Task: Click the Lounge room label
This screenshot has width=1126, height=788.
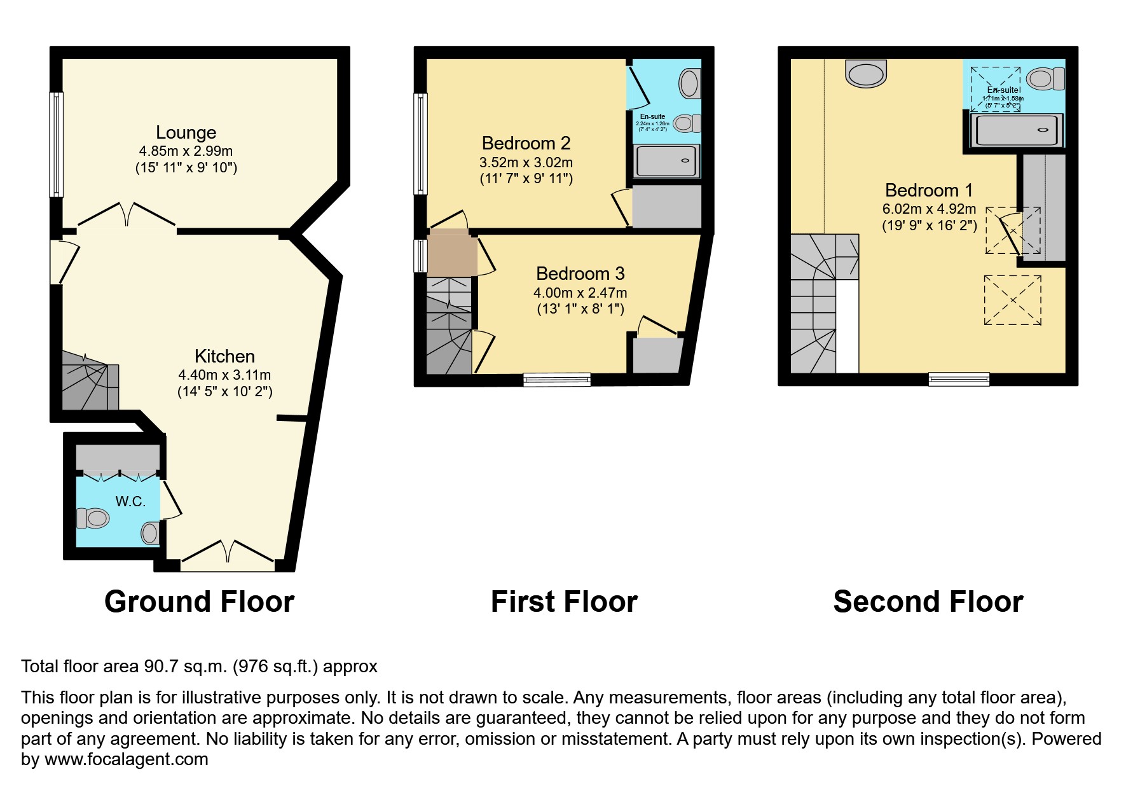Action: tap(186, 132)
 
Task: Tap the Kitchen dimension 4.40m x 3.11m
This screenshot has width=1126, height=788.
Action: tap(224, 375)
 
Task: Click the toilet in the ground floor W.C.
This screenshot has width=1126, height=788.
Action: tap(93, 518)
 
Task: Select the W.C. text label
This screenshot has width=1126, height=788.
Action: tap(130, 501)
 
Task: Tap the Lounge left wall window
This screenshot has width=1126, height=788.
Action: tap(57, 144)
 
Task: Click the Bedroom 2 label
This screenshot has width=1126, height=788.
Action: tap(526, 142)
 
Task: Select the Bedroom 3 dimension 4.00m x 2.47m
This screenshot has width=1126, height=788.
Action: tap(580, 293)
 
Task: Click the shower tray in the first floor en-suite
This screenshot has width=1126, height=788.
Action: tap(668, 161)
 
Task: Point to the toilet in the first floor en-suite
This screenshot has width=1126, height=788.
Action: tap(689, 83)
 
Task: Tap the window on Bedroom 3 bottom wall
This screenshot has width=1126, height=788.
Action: tap(557, 380)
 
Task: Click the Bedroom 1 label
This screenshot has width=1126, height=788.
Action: tap(929, 190)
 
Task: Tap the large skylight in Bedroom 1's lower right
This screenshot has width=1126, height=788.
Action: tap(1012, 300)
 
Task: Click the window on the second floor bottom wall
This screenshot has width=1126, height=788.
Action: tap(959, 379)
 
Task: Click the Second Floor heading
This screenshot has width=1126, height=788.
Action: tap(928, 602)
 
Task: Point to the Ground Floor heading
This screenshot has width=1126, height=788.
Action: tap(199, 602)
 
